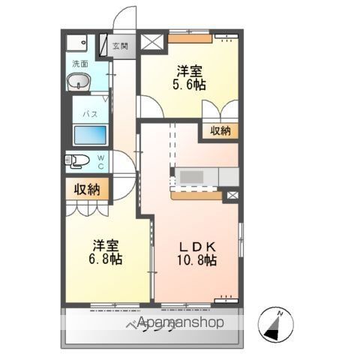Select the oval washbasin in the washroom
point(79,84)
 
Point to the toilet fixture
point(77,160)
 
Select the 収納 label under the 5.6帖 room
point(220,130)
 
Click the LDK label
point(196,246)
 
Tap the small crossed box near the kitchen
point(231,196)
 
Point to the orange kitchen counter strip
point(196,196)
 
